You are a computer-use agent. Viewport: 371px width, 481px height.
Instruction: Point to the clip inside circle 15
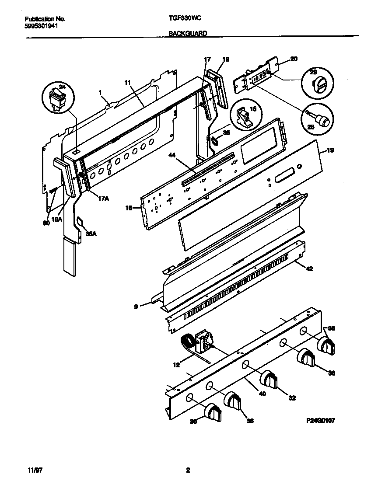pos(243,117)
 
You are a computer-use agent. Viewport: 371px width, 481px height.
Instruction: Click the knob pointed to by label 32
pos(270,379)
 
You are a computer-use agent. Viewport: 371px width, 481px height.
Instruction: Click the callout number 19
pos(331,150)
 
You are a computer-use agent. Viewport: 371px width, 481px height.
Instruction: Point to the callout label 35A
pos(91,234)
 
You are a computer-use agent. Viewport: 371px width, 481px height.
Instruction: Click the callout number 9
pos(136,307)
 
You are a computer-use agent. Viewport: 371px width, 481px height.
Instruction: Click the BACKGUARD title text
pos(188,33)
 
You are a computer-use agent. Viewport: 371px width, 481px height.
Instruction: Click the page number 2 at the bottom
pos(188,471)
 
